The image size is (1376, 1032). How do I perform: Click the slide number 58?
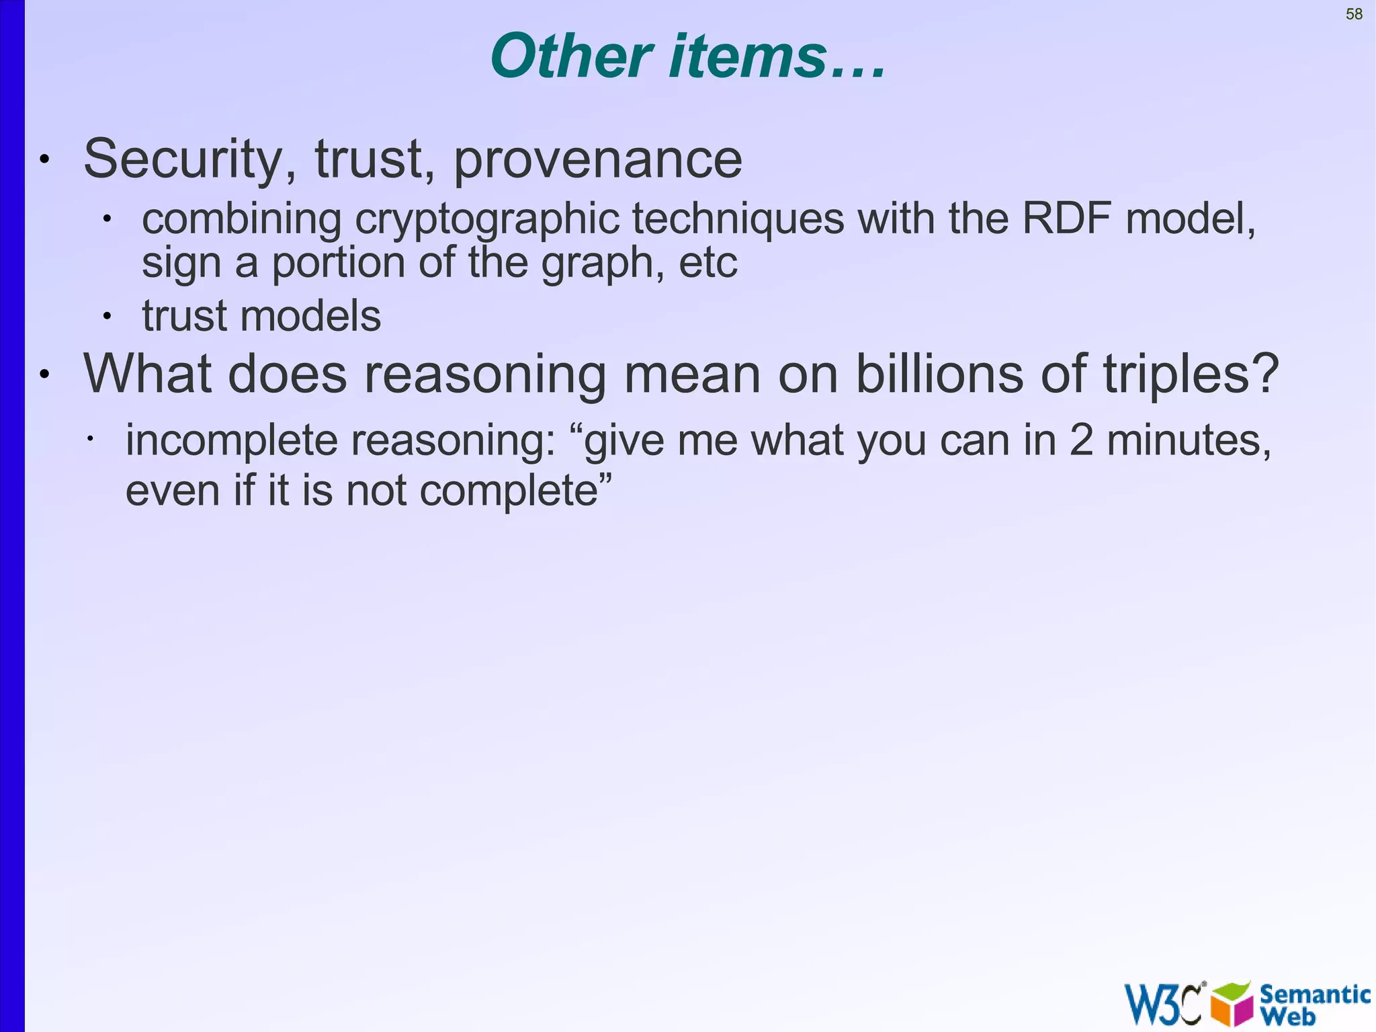[1354, 14]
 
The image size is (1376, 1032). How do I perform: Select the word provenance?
[598, 161]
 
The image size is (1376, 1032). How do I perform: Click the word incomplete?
[232, 442]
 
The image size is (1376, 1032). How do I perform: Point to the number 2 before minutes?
[1081, 441]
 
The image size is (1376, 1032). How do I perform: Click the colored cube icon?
[1232, 1004]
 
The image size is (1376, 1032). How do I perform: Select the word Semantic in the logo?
[1315, 994]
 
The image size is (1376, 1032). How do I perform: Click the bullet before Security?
[44, 160]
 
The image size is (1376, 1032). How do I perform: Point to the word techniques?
[738, 220]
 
